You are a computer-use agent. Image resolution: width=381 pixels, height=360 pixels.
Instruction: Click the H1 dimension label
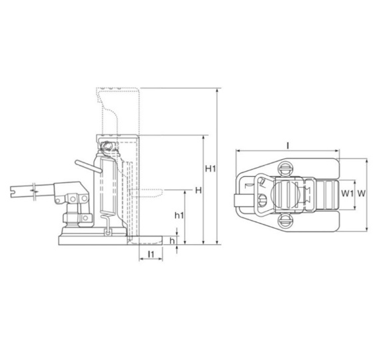click(x=210, y=168)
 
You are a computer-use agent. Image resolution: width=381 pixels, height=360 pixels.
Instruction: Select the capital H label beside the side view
click(x=198, y=190)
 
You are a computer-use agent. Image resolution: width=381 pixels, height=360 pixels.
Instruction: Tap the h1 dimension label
click(x=179, y=216)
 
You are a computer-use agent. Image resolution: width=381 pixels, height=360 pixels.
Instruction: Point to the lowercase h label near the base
click(x=173, y=241)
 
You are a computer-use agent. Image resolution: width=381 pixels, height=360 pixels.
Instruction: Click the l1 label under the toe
click(x=151, y=254)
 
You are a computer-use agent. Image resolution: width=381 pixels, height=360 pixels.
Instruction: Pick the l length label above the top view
click(x=288, y=146)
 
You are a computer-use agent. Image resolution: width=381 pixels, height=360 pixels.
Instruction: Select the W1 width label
click(x=347, y=194)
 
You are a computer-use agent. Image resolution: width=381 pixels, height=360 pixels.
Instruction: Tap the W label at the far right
click(x=361, y=194)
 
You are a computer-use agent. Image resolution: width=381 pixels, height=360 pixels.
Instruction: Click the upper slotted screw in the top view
click(x=285, y=168)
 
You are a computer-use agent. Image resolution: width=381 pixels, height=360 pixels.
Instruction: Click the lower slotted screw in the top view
click(x=285, y=221)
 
